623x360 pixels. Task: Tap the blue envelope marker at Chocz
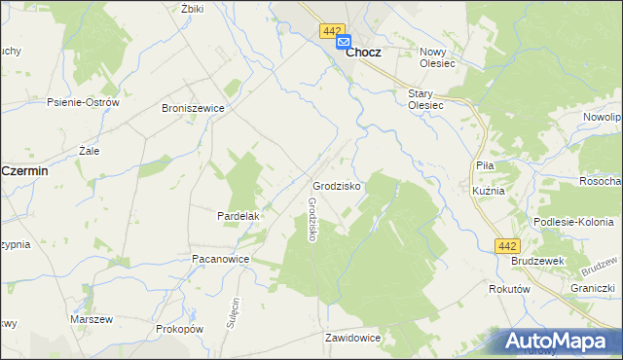[344, 42]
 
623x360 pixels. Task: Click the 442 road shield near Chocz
[329, 31]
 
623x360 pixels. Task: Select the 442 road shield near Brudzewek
[505, 246]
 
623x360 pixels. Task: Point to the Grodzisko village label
[337, 185]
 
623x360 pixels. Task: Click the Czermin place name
[25, 170]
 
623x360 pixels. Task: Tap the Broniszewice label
[193, 108]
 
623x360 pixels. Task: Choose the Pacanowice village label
[221, 260]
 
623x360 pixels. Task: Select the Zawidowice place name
[352, 338]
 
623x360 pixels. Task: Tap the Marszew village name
[92, 319]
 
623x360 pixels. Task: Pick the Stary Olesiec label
[425, 98]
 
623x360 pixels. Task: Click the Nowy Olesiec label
[437, 57]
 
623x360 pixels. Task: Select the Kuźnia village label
[487, 191]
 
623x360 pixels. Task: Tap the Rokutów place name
[508, 289]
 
